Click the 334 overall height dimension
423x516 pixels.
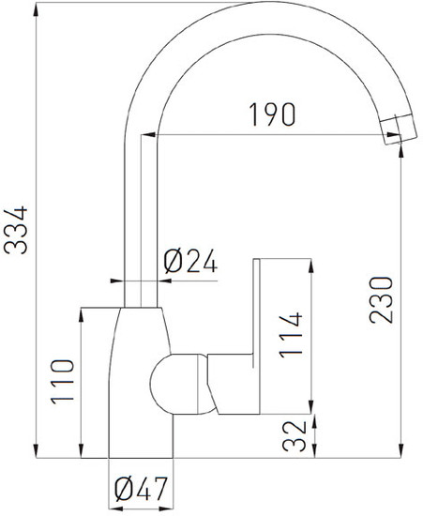pyautogui.click(x=16, y=230)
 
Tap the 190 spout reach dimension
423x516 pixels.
pyautogui.click(x=273, y=114)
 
